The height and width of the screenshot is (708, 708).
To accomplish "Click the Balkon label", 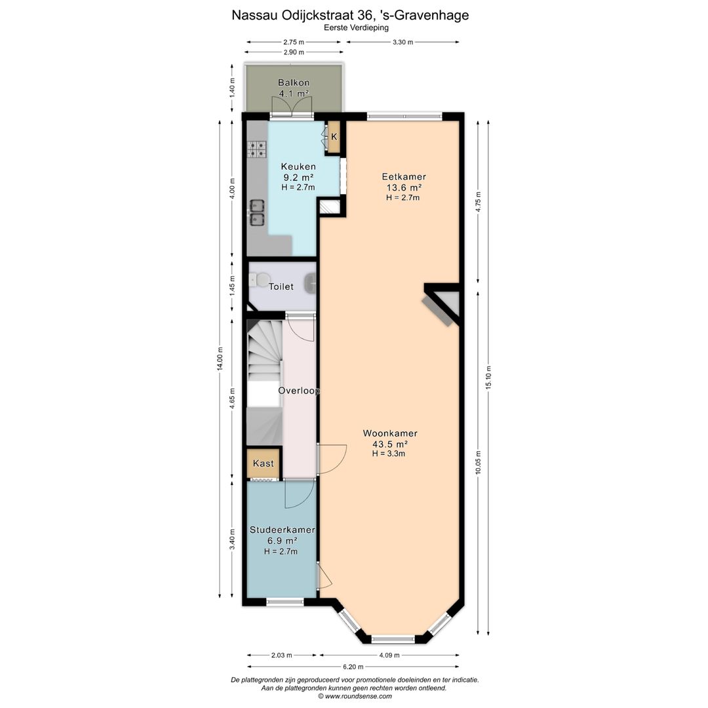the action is point(294,83).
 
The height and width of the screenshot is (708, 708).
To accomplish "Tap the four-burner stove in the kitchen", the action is point(257,149).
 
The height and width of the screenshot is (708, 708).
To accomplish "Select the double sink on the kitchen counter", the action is point(258,212).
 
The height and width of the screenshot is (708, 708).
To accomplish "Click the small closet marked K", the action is point(334,137).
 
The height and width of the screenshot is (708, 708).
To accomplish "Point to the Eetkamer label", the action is point(404,176).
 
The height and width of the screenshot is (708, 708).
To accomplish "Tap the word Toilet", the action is point(281,286).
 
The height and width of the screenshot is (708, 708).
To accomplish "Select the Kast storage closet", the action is point(264,463).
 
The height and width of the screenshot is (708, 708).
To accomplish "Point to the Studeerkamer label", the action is point(282,530).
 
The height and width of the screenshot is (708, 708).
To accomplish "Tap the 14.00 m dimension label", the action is point(220,359).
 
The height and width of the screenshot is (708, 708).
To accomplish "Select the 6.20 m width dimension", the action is point(353,667).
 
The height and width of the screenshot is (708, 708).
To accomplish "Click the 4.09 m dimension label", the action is point(389,655).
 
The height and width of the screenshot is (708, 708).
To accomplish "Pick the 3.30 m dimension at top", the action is point(403,42).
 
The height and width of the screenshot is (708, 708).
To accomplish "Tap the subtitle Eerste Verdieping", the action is point(356,28).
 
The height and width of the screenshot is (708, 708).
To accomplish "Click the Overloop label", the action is point(299,391).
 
